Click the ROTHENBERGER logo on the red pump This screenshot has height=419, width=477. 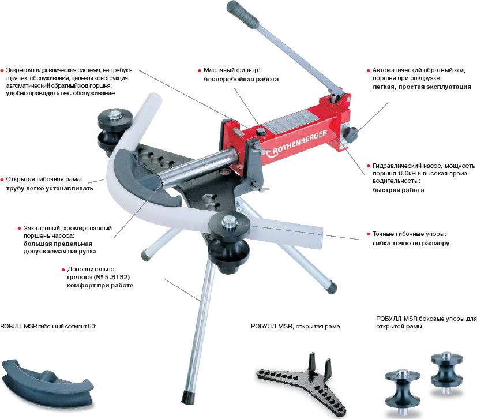(296, 143)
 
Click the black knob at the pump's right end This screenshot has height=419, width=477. (351, 134)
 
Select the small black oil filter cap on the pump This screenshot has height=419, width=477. (261, 132)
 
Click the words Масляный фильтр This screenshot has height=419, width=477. (232, 70)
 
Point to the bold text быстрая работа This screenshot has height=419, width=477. (398, 190)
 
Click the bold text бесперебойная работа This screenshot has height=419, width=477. (241, 80)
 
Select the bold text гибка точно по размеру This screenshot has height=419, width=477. (411, 244)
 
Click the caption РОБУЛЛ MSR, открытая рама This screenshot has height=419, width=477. (295, 326)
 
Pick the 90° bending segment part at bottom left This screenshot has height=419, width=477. (47, 380)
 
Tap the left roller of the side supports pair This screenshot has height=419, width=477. (403, 392)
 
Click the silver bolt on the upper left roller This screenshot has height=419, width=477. (115, 115)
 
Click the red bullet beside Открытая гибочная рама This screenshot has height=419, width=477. (2, 179)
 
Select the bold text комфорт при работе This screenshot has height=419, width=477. (100, 286)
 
